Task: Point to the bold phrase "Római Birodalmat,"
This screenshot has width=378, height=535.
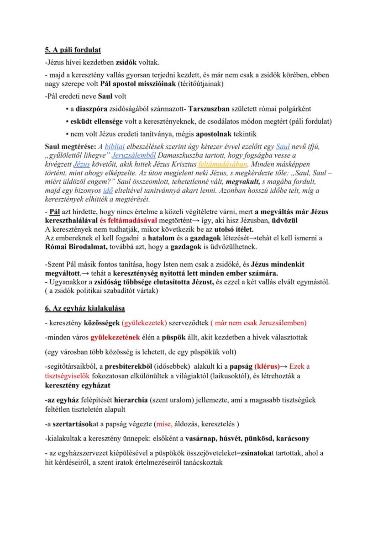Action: [x=76, y=247]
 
